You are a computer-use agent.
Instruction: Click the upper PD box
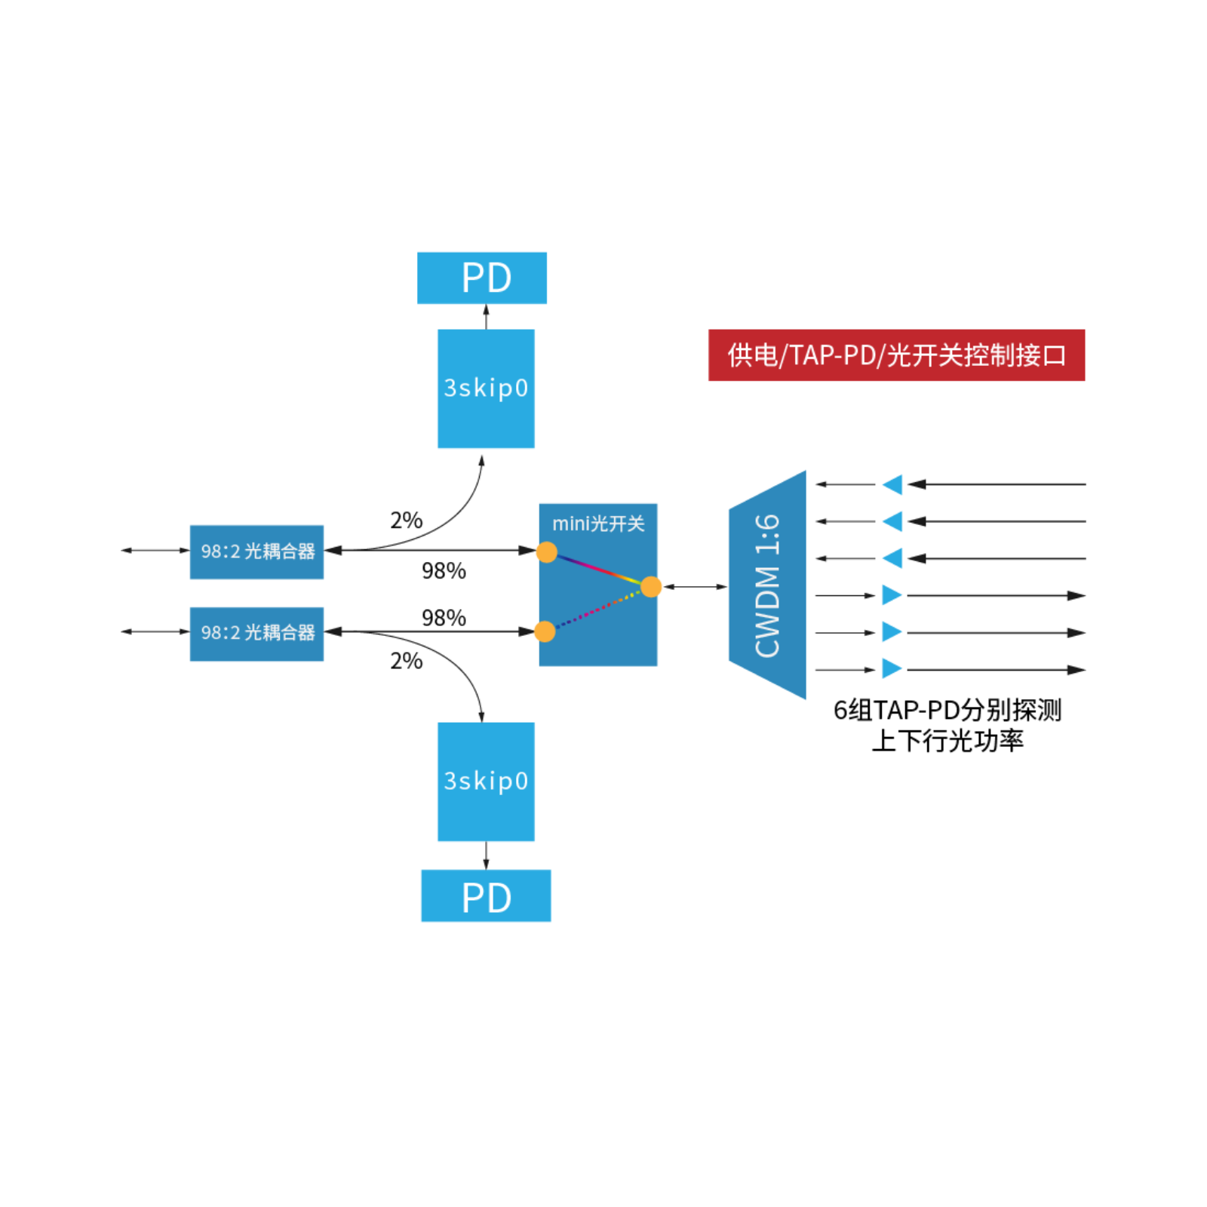481,278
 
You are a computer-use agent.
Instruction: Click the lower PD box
486,895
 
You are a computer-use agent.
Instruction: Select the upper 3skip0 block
486,389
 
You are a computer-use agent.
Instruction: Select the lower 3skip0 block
486,782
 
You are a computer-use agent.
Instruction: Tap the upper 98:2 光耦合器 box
256,551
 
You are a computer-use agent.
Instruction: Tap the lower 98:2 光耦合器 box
256,634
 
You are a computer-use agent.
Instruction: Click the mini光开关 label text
598,524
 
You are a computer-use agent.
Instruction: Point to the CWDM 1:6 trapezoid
767,585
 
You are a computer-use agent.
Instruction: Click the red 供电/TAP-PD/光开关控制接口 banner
896,355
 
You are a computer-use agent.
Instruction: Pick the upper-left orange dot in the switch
546,552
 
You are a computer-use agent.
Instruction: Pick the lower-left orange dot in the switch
544,631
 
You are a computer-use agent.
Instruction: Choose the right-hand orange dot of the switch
652,587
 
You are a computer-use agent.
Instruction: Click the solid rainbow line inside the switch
599,569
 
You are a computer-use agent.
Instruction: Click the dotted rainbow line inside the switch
596,610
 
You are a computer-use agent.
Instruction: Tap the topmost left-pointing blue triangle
894,484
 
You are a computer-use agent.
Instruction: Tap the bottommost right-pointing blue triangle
891,668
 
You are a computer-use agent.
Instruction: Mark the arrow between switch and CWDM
694,586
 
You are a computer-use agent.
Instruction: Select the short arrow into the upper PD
486,317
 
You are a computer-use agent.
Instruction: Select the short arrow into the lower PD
486,855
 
